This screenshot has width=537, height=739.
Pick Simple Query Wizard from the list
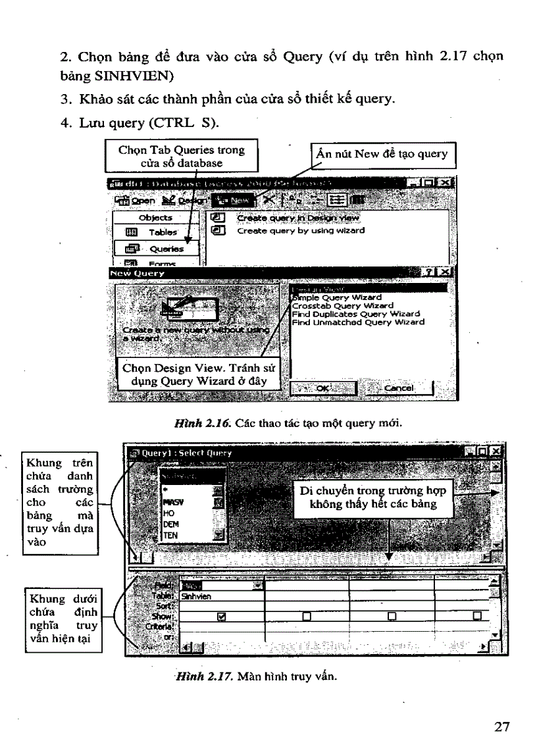(336, 297)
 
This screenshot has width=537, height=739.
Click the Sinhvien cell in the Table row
(197, 596)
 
